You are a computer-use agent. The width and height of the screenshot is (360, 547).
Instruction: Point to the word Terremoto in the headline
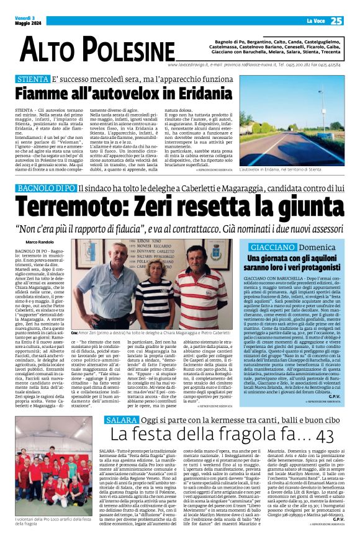[x=74, y=204]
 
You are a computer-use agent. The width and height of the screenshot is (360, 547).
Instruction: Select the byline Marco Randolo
[x=41, y=241]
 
